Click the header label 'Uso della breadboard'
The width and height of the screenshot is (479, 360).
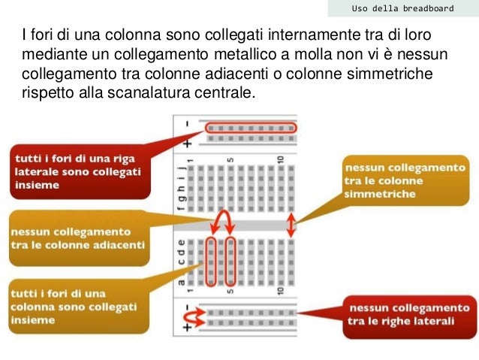(403, 8)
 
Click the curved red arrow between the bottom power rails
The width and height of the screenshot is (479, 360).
(197, 319)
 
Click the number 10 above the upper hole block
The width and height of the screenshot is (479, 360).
(279, 159)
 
